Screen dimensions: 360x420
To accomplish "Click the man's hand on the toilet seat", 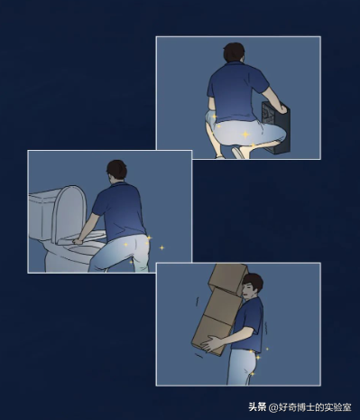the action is (78, 241).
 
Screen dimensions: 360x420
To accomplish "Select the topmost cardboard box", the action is (228, 277).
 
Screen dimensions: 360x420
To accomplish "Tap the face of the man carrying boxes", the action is (249, 291).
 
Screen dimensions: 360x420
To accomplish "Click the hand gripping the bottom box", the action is (212, 344).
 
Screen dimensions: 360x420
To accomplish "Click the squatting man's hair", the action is (234, 51).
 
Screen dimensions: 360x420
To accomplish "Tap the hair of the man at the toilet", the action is (116, 170).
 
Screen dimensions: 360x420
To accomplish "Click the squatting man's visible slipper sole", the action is (238, 153).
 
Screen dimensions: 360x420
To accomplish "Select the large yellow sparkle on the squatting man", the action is (245, 135).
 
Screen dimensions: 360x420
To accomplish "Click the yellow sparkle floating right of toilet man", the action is (162, 247).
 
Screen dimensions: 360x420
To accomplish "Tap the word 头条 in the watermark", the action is (257, 407).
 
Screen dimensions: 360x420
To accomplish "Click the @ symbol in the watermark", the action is (273, 407).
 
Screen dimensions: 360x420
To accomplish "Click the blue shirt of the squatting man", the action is (236, 90).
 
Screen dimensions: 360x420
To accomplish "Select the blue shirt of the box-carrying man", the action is (250, 323).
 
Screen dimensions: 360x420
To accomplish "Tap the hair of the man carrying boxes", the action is (255, 283).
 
